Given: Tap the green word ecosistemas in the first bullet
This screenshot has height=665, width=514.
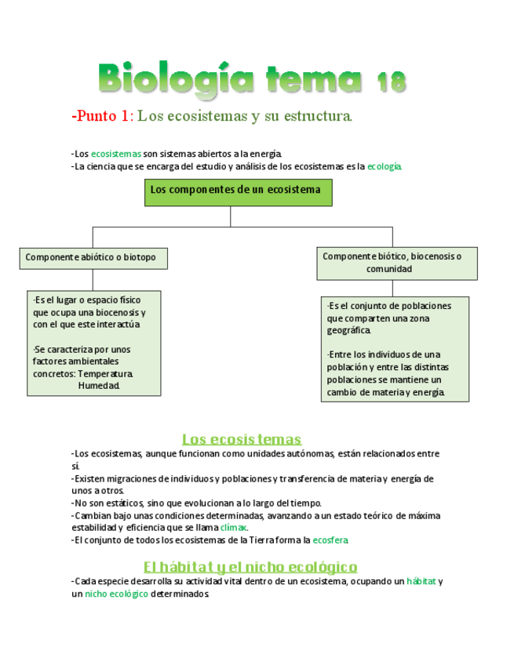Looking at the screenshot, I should [x=115, y=154].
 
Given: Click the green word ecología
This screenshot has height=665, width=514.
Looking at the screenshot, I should [x=384, y=166].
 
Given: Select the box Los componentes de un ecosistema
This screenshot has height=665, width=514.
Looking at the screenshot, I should [x=238, y=191].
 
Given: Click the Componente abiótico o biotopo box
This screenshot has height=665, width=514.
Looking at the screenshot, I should [x=93, y=258].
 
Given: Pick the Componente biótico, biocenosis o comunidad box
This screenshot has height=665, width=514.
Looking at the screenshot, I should [x=397, y=263].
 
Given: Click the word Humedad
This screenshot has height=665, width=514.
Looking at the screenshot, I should [x=99, y=386].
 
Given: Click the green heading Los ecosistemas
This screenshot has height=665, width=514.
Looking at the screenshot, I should [x=242, y=439].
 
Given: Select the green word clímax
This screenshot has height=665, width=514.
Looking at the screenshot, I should [x=233, y=528].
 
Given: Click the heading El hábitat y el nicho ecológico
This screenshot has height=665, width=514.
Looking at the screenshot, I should [x=250, y=566].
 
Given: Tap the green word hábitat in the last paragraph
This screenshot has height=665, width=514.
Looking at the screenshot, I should [x=421, y=582].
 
